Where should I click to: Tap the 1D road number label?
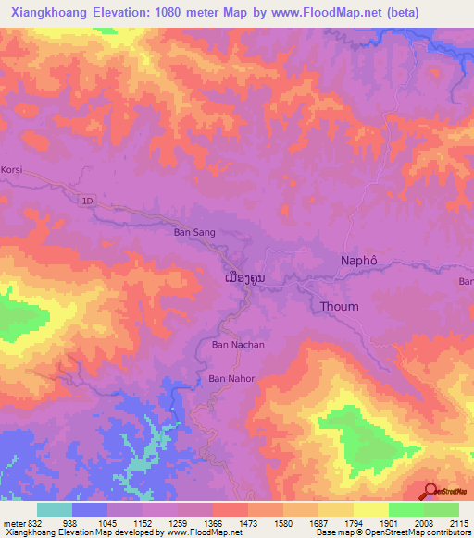point(88,200)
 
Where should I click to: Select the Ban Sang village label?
point(194,233)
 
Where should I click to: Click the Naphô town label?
point(360,262)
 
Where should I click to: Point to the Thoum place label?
point(338,306)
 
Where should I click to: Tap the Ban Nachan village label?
point(238,345)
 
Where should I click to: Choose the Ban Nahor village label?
point(231,378)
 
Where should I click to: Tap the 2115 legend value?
point(458,522)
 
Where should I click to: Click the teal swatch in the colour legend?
point(54,509)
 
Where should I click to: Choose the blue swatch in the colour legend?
point(90,509)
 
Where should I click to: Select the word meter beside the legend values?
point(13,522)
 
